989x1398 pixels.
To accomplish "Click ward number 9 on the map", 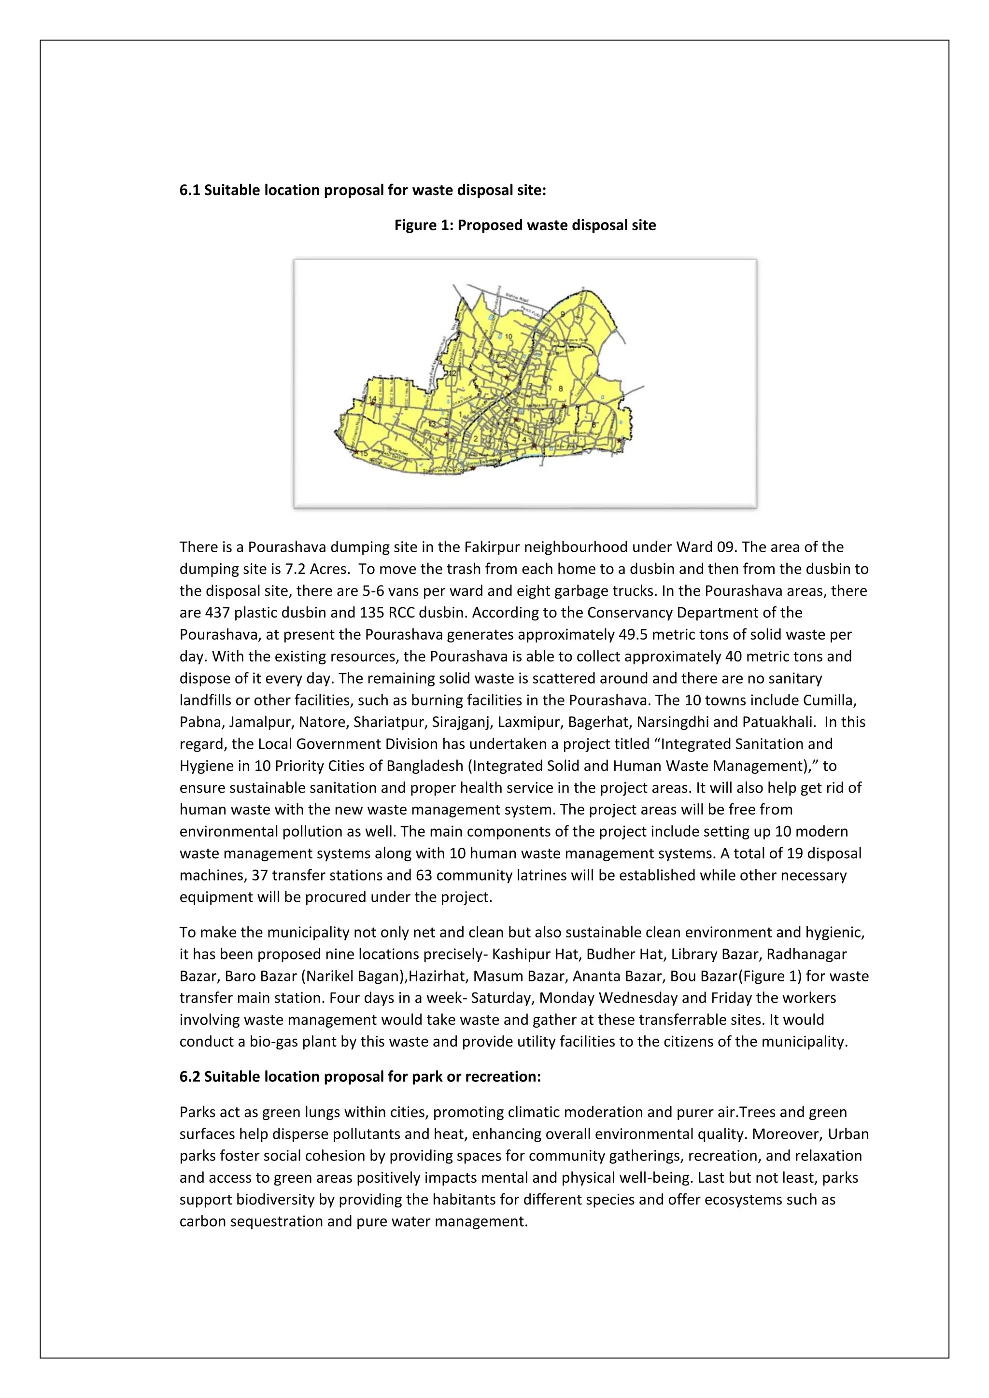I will [563, 314].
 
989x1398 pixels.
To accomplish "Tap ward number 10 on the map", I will [509, 337].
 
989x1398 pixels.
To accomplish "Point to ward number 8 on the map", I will [561, 389].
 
